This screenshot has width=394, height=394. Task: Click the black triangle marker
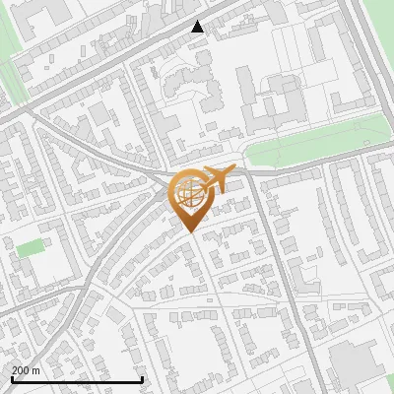coord(198,28)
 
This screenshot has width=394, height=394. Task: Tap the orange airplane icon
coord(217,179)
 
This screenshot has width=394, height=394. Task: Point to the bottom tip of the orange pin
coord(188,231)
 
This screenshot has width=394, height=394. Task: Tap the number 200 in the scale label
coord(22,369)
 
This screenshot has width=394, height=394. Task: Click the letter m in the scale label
coord(37,369)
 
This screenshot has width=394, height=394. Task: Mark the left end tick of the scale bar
coord(12,378)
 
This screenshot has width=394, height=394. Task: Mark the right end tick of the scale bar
coord(143,378)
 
